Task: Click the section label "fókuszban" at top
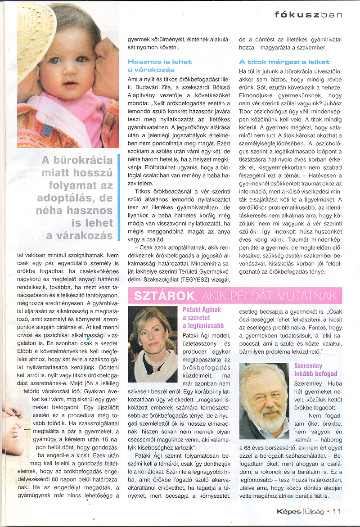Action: coord(309,14)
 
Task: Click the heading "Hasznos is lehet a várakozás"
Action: coord(159,66)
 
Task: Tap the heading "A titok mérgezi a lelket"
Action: coord(284,62)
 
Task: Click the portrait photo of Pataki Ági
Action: coord(153,344)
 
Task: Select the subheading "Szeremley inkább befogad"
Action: coord(315,370)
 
